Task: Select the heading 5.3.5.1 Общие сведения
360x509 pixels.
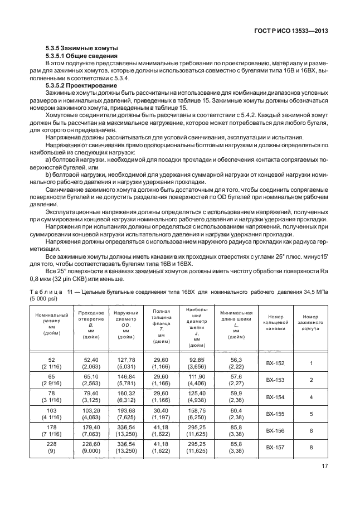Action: point(81,56)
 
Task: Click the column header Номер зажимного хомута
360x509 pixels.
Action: point(310,322)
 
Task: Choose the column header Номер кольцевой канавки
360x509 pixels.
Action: point(275,322)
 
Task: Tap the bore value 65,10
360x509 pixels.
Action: point(90,376)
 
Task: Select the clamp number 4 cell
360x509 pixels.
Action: point(310,397)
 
